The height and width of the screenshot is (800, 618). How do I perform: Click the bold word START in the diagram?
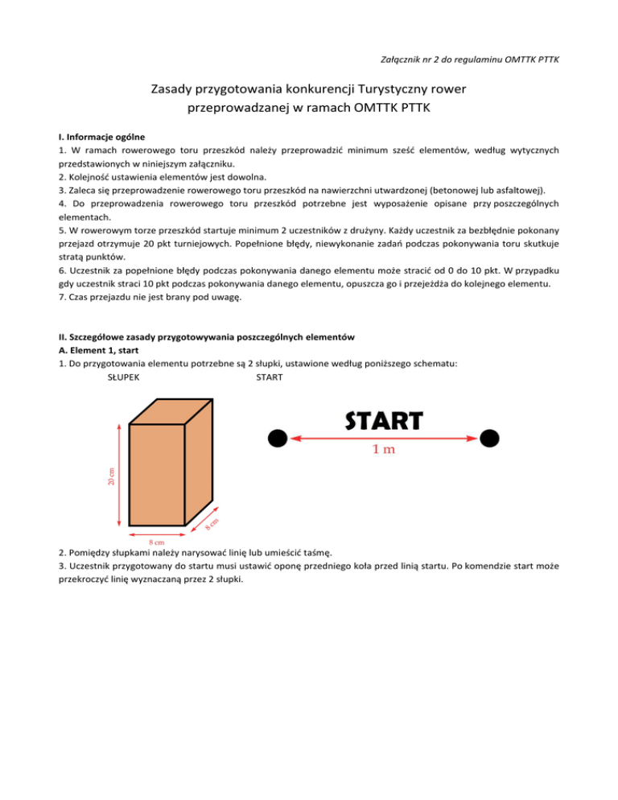[x=384, y=420]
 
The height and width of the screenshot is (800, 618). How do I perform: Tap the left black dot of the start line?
[x=278, y=438]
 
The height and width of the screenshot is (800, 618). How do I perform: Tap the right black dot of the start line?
[x=490, y=438]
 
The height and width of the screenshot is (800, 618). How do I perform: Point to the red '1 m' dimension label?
[x=383, y=450]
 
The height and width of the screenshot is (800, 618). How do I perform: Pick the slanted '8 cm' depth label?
[x=212, y=522]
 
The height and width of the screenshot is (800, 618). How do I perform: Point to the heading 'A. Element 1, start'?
[x=99, y=350]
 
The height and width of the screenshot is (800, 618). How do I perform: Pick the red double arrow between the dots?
[x=383, y=438]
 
